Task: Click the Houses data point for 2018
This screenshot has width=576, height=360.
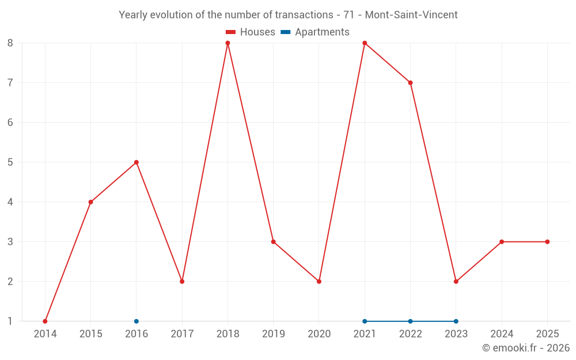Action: coord(228,43)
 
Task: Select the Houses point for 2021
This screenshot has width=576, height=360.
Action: coord(365,43)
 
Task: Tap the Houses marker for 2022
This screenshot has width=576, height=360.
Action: coord(410,83)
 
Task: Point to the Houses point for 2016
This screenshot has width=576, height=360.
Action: coord(137,162)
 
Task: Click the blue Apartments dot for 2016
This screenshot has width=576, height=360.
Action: coord(137,321)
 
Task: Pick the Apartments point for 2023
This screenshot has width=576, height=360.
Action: coord(456,321)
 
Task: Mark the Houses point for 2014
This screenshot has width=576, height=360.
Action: coord(45,321)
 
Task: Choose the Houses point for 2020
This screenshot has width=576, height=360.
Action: coord(319,282)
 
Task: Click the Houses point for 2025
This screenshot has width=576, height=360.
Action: coord(547,242)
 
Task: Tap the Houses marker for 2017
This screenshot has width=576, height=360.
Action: coord(182,282)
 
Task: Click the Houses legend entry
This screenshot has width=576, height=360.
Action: coord(250,32)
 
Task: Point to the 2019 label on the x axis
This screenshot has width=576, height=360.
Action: coord(274,334)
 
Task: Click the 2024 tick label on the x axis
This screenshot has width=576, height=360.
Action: coord(502,334)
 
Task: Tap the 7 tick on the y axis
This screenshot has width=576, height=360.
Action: coord(10,83)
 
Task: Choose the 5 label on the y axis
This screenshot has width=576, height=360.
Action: coord(10,162)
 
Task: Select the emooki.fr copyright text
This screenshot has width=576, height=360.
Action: coord(526,348)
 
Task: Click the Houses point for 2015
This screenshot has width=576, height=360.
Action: coord(91,202)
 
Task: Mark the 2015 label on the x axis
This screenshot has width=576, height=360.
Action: coord(91,334)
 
